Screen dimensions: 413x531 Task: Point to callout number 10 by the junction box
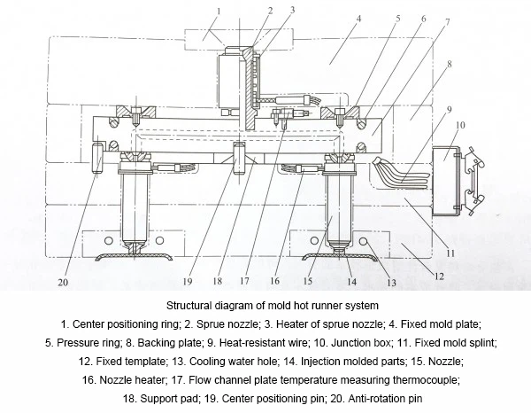459,127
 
